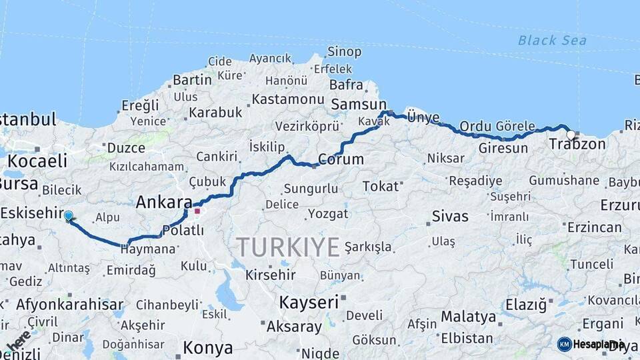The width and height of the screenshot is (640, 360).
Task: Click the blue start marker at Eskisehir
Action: (68, 215)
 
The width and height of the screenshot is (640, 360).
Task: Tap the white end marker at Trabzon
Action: (571, 135)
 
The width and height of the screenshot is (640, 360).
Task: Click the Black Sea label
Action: (552, 41)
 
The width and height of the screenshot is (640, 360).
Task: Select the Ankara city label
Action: (163, 202)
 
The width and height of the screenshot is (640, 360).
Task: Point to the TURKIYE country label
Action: (288, 247)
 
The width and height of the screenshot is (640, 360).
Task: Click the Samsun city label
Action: (359, 104)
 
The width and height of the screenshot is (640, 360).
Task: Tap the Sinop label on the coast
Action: (345, 51)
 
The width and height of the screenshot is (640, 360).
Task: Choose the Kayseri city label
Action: (309, 302)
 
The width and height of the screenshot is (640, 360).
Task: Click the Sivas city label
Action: (450, 216)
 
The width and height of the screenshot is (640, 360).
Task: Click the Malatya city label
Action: (468, 317)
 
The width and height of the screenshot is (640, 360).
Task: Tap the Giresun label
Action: (503, 148)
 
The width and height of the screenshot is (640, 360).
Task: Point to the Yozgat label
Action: (329, 214)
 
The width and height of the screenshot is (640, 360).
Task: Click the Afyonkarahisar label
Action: (70, 305)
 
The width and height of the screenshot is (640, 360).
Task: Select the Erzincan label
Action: (594, 227)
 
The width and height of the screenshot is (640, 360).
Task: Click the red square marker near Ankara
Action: (197, 211)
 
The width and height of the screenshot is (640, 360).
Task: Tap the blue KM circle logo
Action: (564, 344)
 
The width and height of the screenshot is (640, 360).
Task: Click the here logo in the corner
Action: (17, 341)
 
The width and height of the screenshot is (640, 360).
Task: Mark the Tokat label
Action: (380, 186)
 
